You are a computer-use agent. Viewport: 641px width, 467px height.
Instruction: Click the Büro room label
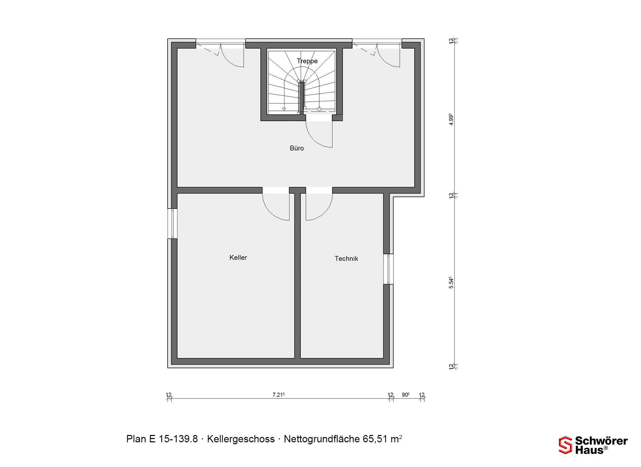click(297, 148)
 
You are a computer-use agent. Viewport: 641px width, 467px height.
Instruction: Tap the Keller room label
click(238, 258)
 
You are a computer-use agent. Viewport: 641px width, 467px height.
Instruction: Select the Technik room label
click(346, 259)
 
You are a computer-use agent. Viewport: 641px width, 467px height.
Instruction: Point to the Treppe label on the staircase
click(307, 61)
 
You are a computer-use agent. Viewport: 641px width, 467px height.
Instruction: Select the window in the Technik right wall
click(388, 269)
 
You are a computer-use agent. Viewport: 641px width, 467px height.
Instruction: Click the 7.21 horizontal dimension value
click(278, 395)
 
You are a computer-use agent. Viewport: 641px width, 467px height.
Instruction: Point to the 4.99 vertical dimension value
click(451, 119)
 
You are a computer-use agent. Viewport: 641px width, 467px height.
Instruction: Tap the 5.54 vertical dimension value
click(451, 283)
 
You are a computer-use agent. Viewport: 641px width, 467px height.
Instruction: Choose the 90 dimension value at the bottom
click(406, 395)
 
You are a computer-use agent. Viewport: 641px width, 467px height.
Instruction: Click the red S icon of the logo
click(566, 445)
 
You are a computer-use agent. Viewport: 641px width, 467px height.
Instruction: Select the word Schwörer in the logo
click(601, 441)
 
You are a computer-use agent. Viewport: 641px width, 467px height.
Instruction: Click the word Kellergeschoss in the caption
click(241, 439)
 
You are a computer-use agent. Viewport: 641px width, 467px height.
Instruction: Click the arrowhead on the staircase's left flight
click(284, 109)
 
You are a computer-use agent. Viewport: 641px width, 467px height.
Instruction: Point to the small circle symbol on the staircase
click(319, 109)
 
